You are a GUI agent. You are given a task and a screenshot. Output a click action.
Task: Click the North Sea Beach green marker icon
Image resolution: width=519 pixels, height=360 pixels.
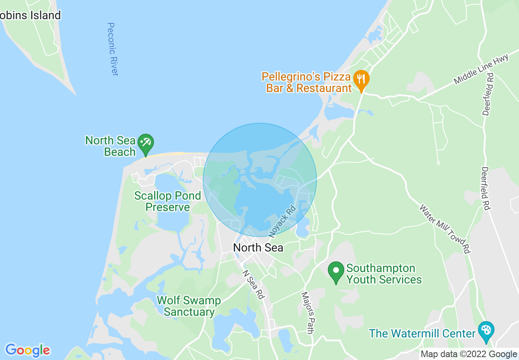145,143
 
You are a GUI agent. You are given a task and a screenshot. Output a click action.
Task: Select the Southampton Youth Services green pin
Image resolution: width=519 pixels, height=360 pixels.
336,272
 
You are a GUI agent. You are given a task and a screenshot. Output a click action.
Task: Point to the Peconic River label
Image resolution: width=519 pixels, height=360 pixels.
113,49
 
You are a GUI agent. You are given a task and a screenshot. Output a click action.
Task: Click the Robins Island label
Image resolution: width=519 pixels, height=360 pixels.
30,16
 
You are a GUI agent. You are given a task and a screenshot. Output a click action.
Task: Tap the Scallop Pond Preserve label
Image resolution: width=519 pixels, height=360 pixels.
168,201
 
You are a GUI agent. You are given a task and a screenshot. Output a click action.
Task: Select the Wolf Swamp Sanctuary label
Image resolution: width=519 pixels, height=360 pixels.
189,306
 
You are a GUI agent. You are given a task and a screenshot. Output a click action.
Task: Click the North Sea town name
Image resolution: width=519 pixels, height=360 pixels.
258,248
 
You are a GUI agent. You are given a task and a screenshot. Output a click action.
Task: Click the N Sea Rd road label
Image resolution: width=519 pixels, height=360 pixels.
253,284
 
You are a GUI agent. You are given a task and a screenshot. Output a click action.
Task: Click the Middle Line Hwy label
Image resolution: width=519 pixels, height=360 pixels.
481,69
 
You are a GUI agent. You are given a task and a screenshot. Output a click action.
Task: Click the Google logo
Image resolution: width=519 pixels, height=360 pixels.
27,350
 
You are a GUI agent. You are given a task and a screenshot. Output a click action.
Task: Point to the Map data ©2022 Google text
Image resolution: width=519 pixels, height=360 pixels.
469,354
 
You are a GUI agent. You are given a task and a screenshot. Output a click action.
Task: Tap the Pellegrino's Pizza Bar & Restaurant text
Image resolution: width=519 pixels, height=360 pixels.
307,82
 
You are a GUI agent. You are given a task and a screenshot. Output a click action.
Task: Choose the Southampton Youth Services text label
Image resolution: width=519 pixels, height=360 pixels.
384,274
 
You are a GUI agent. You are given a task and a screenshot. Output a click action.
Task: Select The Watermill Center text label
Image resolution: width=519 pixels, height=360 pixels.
422,333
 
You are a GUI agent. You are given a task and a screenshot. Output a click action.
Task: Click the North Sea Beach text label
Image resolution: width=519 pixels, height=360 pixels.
110,146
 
